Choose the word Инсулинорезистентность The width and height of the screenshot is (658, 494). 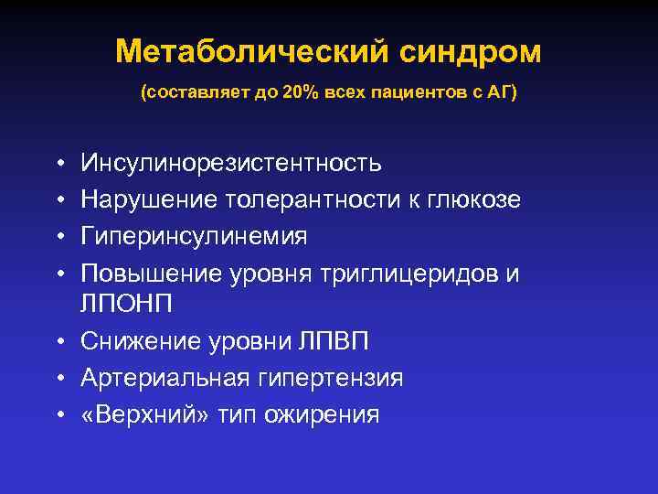231,163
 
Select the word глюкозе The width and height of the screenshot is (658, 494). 476,199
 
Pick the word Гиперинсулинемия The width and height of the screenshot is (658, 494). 195,236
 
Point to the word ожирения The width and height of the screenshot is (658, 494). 322,413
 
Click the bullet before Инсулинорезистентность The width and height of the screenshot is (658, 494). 58,164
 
